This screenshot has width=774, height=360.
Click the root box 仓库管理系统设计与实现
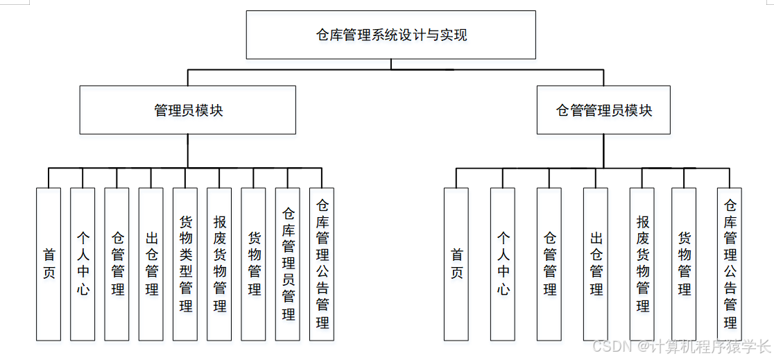(x=391, y=35)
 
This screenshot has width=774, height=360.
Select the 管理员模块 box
(x=188, y=110)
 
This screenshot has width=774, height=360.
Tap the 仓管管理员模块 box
(x=603, y=110)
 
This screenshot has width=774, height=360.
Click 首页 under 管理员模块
(x=49, y=264)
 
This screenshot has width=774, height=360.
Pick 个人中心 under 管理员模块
(x=83, y=264)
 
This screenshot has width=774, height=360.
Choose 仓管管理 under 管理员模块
(x=117, y=264)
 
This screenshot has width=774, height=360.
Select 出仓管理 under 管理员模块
(x=151, y=264)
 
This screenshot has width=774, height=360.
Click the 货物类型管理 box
(x=185, y=264)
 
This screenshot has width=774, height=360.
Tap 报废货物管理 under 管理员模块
(x=219, y=264)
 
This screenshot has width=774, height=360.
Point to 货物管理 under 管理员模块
(x=253, y=264)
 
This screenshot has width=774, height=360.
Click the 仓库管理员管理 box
(x=288, y=264)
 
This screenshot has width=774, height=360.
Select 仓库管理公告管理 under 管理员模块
(x=322, y=264)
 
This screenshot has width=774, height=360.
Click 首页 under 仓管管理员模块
(x=456, y=264)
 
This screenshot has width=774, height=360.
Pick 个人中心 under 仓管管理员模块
(x=503, y=264)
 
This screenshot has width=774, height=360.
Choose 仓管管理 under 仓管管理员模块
(x=549, y=264)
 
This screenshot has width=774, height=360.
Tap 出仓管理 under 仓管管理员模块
(x=596, y=264)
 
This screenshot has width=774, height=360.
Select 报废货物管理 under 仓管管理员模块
(x=642, y=264)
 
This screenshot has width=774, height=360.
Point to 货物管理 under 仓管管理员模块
(x=684, y=264)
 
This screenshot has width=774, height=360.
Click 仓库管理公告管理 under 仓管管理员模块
(x=730, y=264)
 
